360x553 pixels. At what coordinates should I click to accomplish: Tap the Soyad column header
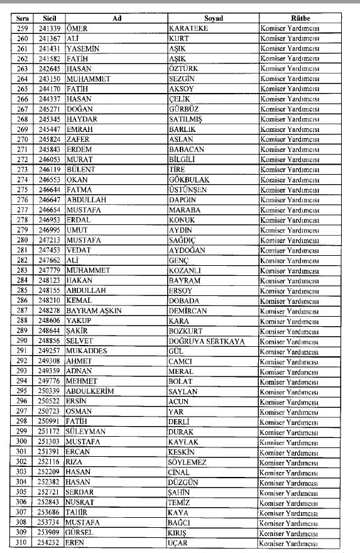(x=213, y=18)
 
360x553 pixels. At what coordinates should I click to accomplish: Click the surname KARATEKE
(x=190, y=28)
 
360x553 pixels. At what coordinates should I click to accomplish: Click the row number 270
(x=23, y=139)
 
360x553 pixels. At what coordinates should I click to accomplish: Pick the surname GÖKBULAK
(x=192, y=179)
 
